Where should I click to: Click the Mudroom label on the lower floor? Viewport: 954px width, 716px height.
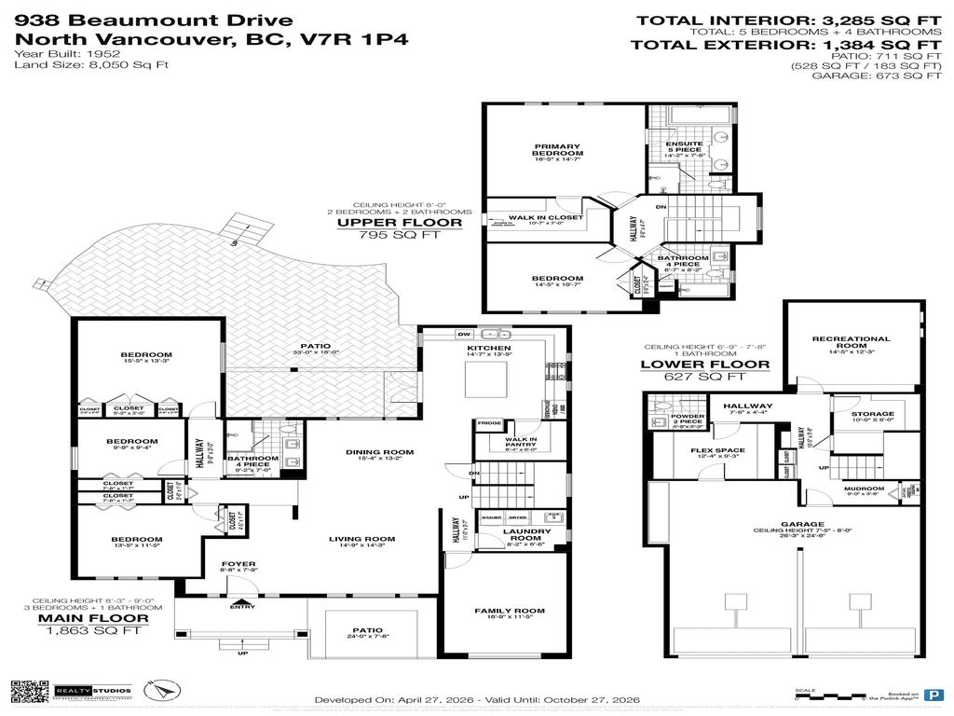click(865, 490)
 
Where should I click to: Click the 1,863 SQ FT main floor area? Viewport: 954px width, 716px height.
click(91, 630)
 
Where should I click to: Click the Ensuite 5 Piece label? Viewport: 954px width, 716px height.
click(690, 146)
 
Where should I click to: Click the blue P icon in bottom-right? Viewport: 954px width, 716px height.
click(932, 695)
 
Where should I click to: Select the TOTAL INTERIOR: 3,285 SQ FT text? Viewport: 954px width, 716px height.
click(788, 20)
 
